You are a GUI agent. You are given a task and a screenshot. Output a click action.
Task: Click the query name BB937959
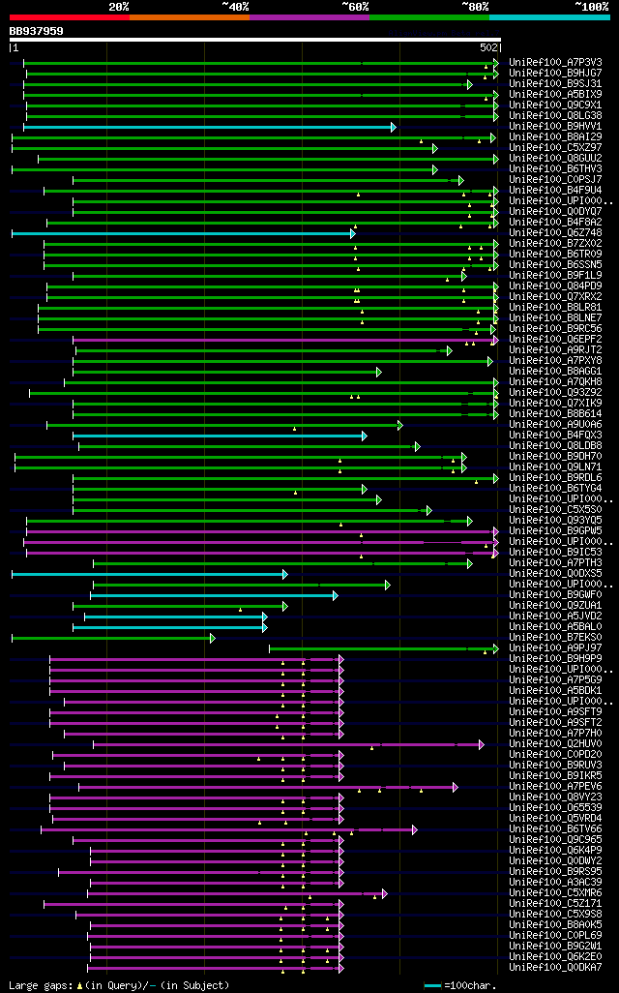point(37,31)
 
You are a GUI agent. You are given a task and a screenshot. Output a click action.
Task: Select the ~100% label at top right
point(591,6)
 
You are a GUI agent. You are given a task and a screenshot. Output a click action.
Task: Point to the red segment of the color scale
point(69,16)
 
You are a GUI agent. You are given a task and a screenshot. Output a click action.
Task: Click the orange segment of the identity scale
point(189,16)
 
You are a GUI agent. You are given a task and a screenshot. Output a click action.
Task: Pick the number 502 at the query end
point(488,46)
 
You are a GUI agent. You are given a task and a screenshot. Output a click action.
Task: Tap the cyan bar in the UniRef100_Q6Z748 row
point(183,233)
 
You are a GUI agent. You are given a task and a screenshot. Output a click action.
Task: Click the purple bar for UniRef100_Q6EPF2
point(280,340)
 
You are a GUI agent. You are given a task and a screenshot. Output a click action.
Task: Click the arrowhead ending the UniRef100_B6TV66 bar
point(414,829)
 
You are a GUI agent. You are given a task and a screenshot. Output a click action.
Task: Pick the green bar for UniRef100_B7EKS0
point(111,638)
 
